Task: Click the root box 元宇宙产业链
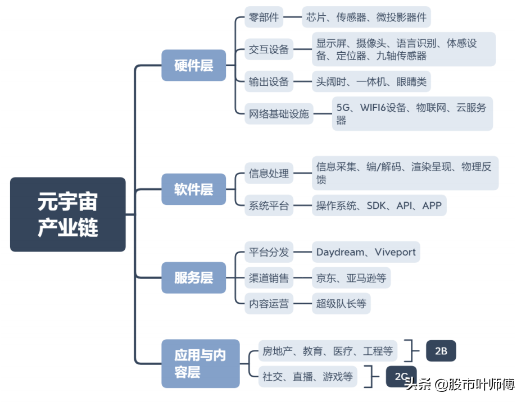coord(67,214)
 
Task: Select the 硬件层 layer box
coord(193,66)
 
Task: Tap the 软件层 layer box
coord(193,189)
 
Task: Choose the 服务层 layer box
coord(193,277)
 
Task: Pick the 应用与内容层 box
coord(200,363)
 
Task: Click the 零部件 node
coord(264,17)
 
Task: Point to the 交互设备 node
coord(269,49)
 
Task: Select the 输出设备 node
coord(269,82)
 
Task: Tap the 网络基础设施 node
coord(279,114)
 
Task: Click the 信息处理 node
coord(269,173)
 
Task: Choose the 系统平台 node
coord(269,205)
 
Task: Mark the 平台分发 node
coord(269,252)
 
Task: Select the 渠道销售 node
coord(269,277)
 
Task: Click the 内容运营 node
coord(269,304)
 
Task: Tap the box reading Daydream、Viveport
coord(366,252)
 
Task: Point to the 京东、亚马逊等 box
coord(351,277)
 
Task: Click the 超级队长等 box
coord(341,304)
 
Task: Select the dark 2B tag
coord(441,351)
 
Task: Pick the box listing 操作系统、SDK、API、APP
coord(379,205)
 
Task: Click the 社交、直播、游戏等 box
coord(307,377)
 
